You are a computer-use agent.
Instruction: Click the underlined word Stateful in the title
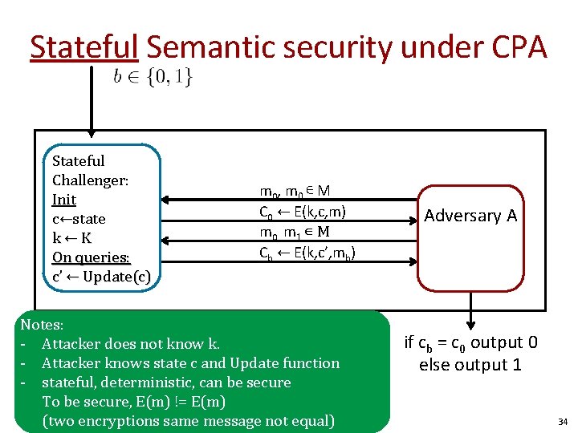click(x=84, y=48)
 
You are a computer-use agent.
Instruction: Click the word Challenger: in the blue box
click(x=90, y=180)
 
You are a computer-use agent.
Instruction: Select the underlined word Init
click(x=63, y=200)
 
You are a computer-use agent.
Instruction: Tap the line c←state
click(x=79, y=219)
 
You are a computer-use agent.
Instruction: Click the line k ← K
click(x=71, y=238)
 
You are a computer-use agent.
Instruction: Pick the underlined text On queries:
click(x=91, y=257)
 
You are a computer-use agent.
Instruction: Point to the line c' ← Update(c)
click(x=100, y=277)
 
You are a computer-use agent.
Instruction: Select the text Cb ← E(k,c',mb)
click(x=307, y=253)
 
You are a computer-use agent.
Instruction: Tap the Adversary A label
click(x=470, y=216)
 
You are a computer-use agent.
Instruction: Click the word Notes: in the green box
click(x=42, y=325)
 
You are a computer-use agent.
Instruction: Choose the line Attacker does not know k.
click(x=131, y=344)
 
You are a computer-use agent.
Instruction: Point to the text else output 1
click(x=470, y=365)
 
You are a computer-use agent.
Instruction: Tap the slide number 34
click(x=562, y=421)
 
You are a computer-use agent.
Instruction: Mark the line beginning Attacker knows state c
click(x=191, y=363)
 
